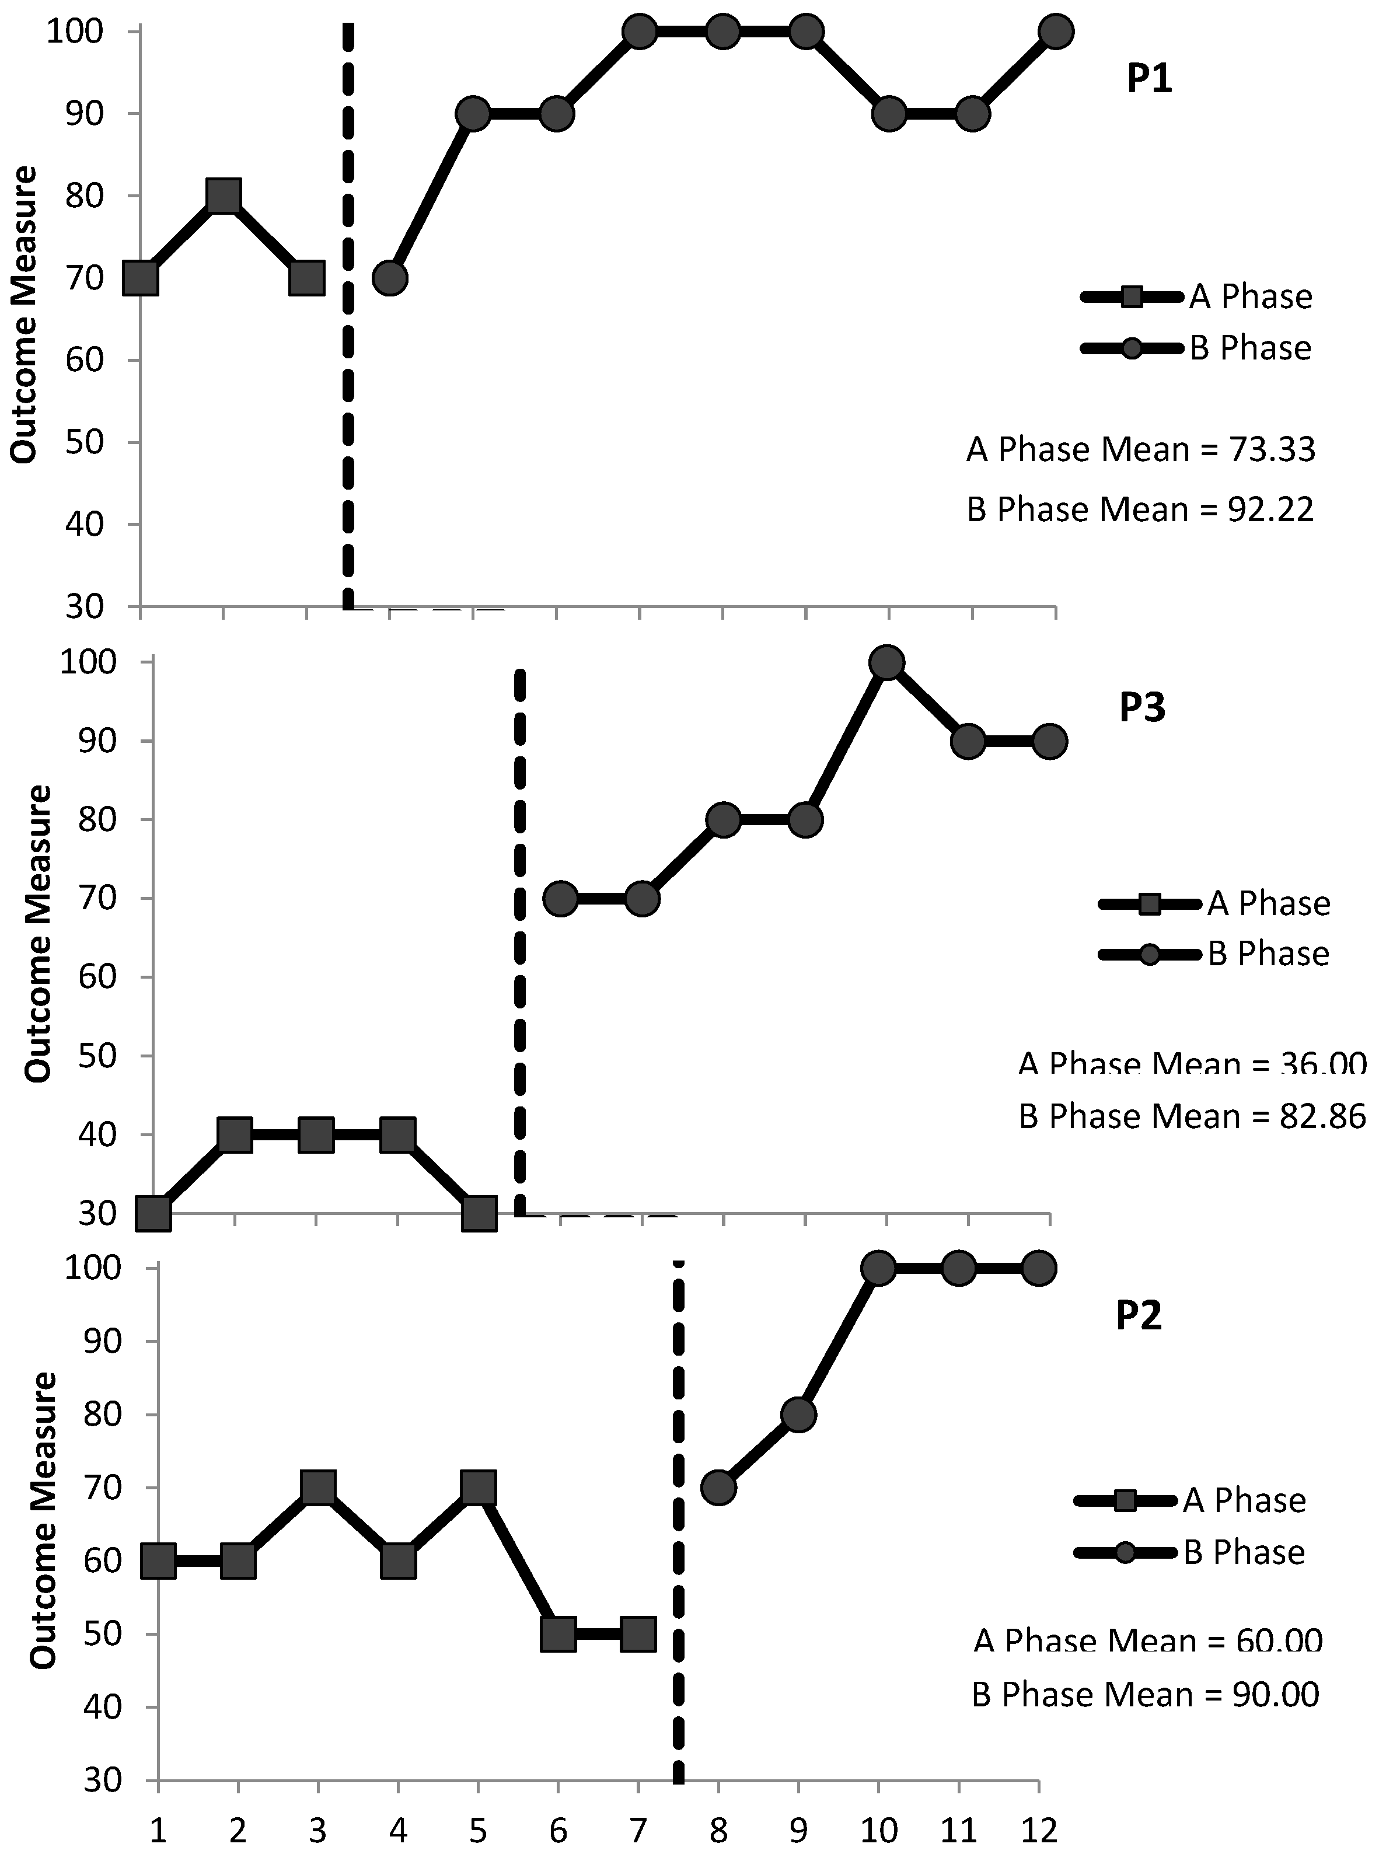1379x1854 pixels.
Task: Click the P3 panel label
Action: [1142, 708]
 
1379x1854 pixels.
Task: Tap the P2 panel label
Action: [1139, 1317]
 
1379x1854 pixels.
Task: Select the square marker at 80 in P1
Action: [224, 196]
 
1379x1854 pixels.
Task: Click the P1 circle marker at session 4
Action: [390, 277]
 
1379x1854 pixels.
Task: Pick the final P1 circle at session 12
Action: [1055, 32]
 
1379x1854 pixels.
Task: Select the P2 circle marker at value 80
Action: [799, 1414]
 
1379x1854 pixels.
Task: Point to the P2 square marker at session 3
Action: [318, 1488]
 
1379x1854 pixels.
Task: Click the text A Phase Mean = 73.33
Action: [1140, 450]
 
